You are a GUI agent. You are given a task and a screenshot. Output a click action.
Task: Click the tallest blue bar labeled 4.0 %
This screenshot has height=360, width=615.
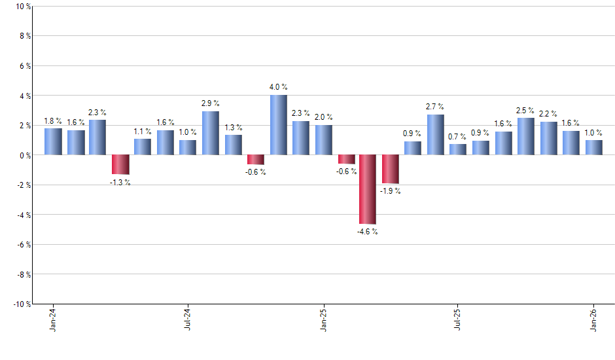(x=278, y=125)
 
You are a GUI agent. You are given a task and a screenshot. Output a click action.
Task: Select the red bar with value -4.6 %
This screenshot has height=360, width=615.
(x=368, y=189)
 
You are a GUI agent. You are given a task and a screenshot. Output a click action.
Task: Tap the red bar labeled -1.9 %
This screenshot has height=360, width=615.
(x=391, y=169)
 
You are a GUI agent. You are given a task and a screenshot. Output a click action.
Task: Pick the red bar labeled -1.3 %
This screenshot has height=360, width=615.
(x=120, y=164)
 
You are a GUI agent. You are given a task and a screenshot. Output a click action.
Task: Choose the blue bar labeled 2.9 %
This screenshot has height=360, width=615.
(x=211, y=133)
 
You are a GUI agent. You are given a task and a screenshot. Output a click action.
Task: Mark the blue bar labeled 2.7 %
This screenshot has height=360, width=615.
(x=436, y=135)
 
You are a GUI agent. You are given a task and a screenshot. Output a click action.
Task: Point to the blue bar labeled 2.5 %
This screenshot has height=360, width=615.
(x=525, y=136)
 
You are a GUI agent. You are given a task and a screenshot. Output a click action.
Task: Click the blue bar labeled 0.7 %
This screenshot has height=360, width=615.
(x=458, y=149)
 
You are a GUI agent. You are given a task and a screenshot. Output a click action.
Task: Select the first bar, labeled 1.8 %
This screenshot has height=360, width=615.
(x=53, y=141)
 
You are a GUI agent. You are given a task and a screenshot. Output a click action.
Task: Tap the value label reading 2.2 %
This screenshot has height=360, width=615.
(x=548, y=114)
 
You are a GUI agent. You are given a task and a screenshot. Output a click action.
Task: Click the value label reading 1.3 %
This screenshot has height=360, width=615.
(x=234, y=128)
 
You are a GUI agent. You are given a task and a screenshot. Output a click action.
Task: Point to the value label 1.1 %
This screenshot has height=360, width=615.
(x=143, y=132)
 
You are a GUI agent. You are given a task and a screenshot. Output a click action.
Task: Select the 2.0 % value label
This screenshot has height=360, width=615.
(x=323, y=117)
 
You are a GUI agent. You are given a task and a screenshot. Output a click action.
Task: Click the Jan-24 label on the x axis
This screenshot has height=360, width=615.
(x=53, y=319)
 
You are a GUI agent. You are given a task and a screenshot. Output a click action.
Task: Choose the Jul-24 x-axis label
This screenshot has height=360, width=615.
(x=188, y=319)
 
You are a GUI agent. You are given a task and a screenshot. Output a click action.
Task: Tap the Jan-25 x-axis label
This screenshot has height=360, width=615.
(x=323, y=319)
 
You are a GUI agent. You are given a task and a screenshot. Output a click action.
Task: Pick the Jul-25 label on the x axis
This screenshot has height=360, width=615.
(x=458, y=319)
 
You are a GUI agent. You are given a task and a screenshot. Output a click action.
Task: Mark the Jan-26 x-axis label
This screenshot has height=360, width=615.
(x=593, y=319)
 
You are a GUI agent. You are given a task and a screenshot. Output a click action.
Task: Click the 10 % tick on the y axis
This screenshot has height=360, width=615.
(x=22, y=7)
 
